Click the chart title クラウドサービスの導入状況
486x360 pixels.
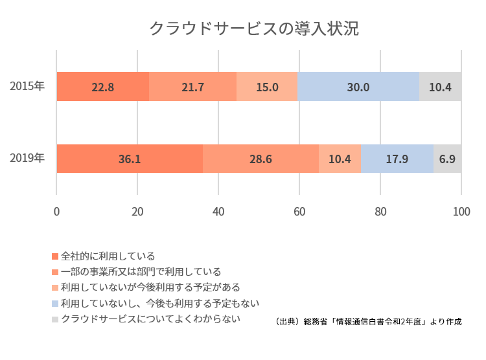click(x=253, y=29)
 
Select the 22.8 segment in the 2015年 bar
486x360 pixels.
click(x=102, y=87)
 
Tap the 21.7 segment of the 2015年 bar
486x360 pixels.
click(x=192, y=87)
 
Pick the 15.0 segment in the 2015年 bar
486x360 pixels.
click(x=267, y=87)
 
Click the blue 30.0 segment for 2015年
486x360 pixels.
click(x=358, y=87)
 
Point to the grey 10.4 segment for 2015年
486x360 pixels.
click(x=440, y=87)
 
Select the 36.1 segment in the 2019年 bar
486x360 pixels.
click(x=130, y=159)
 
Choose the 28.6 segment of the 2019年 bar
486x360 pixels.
click(x=260, y=159)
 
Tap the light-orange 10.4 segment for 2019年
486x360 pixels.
click(x=340, y=159)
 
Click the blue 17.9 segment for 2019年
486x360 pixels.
click(x=397, y=159)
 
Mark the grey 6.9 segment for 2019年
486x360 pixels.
click(x=447, y=159)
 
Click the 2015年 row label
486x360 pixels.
click(x=27, y=86)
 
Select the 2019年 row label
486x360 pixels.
click(x=27, y=158)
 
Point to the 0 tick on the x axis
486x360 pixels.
click(x=56, y=211)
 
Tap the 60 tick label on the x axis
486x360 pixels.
click(x=299, y=211)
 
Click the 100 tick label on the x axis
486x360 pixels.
click(x=461, y=211)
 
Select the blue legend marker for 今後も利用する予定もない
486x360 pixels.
click(x=55, y=303)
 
